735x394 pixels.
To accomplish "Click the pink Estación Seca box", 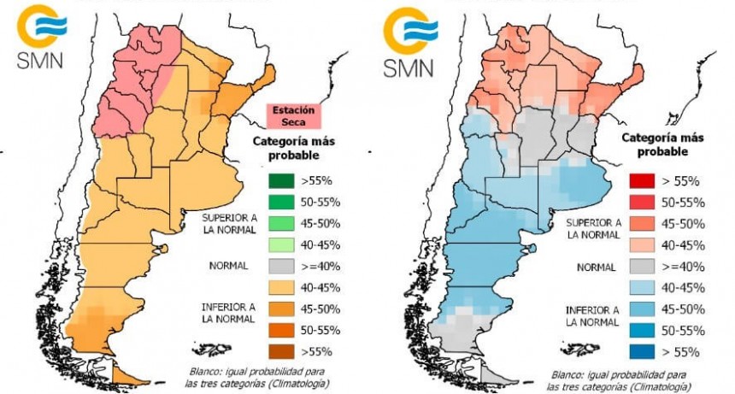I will click(293, 115).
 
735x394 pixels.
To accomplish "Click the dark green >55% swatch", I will click(276, 181).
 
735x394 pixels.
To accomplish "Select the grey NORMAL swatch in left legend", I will click(276, 266).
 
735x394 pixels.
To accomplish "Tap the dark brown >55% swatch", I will click(276, 350).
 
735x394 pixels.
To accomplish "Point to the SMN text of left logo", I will click(37, 62).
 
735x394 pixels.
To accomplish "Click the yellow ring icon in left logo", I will click(35, 25).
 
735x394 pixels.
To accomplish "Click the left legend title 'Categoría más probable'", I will click(285, 148).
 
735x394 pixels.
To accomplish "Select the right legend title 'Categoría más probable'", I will click(653, 144).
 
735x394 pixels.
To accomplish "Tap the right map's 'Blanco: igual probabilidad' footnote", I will click(621, 379).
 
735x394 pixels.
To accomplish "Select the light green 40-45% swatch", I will click(276, 244).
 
